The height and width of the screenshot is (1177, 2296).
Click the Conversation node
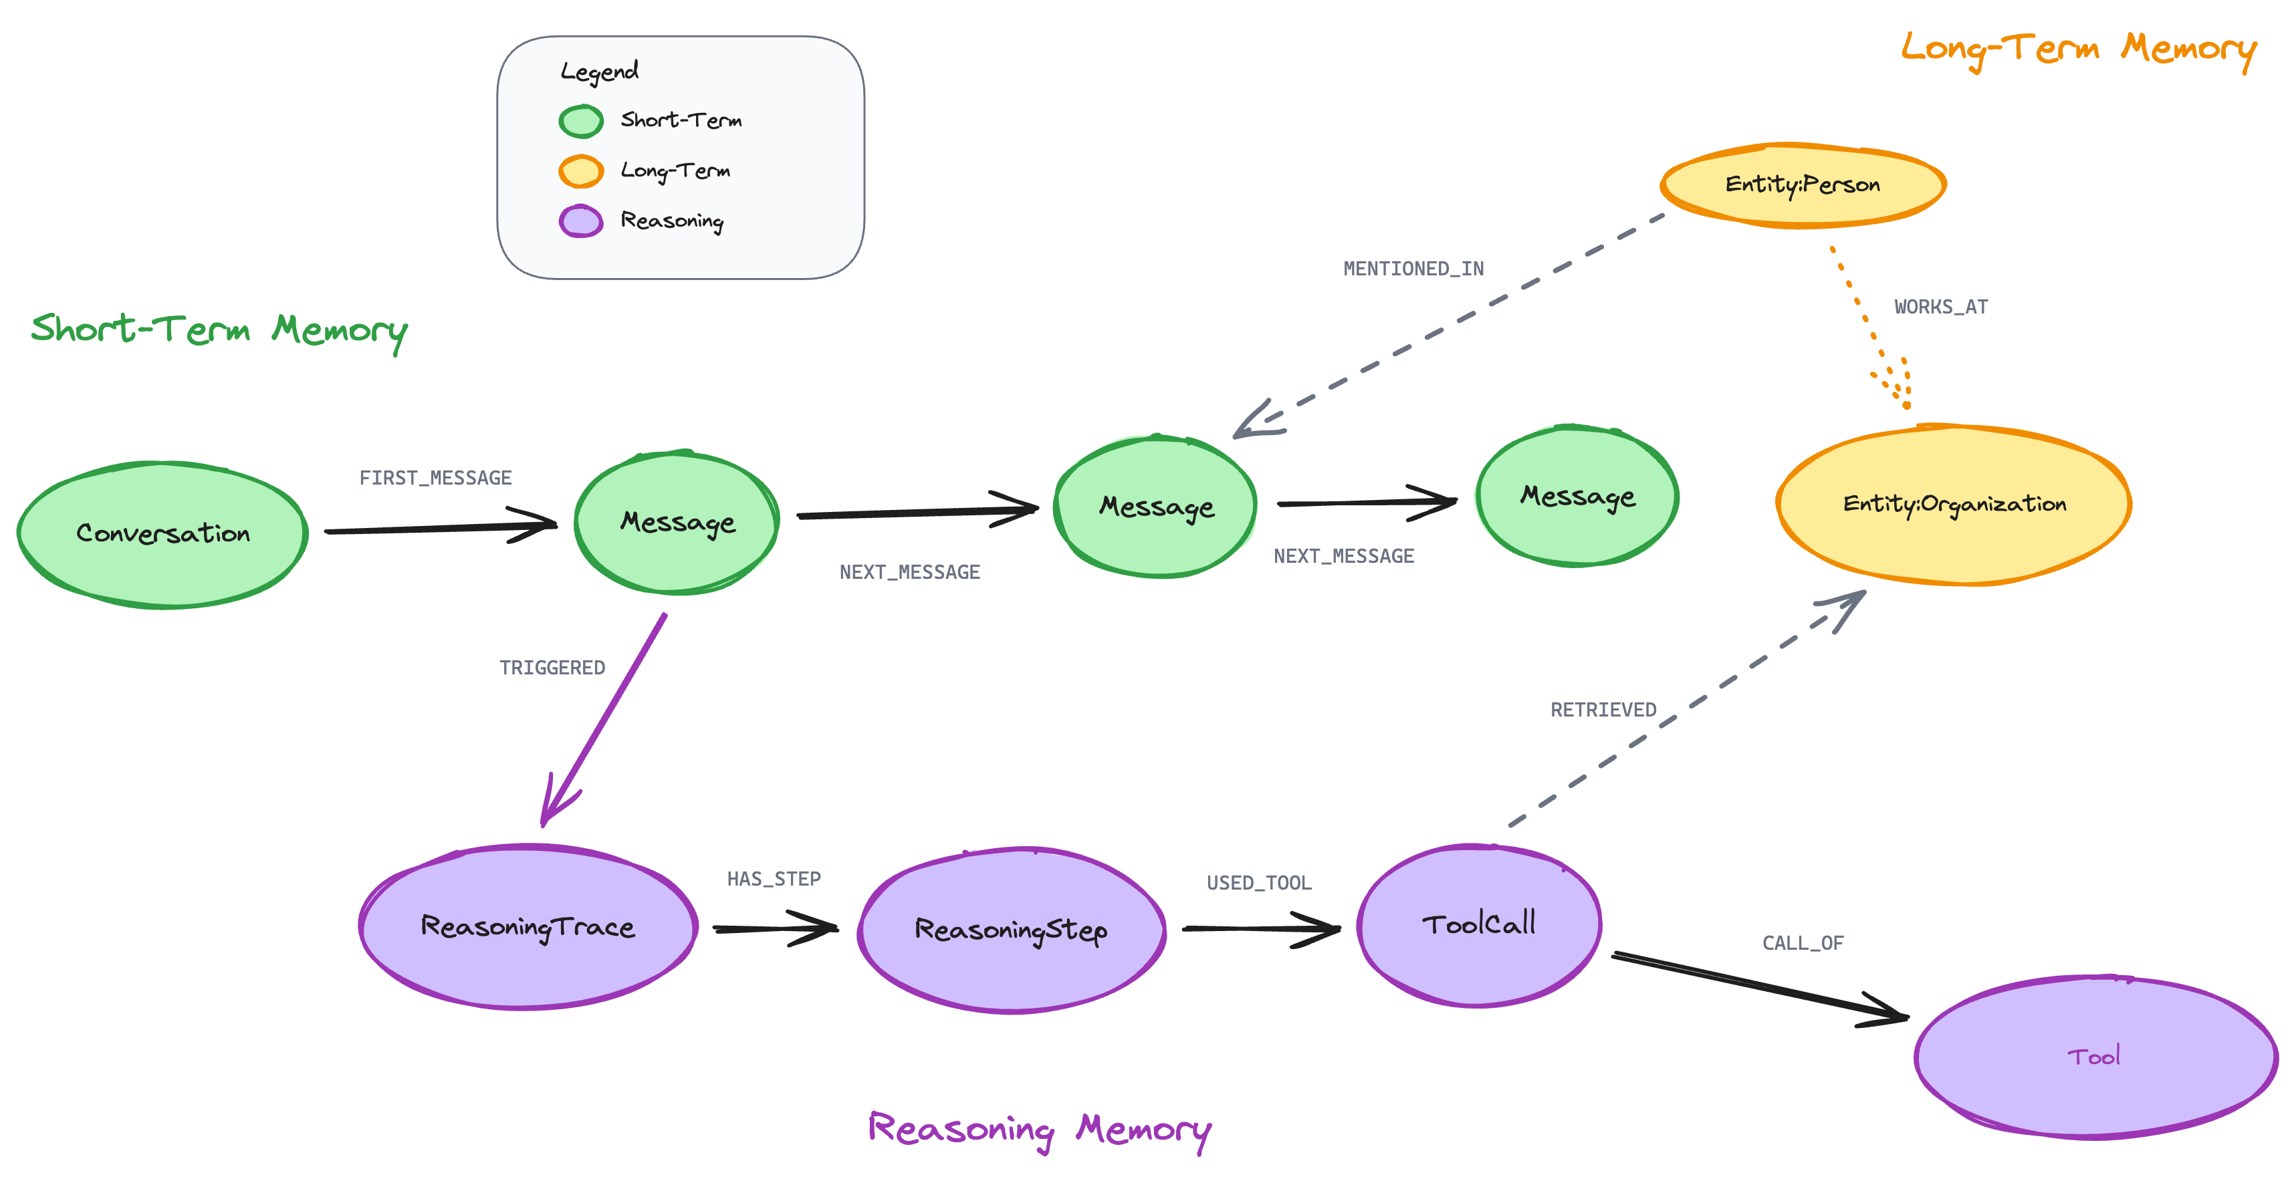pos(162,535)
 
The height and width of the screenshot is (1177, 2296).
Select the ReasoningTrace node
pos(528,926)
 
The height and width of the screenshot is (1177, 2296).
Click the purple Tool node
pos(2095,1057)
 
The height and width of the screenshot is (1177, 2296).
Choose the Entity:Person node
pos(1802,184)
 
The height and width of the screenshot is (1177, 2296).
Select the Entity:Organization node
pos(1954,505)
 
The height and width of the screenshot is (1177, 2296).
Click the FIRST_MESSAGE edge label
pos(435,478)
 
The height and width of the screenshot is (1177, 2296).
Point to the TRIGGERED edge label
pos(552,667)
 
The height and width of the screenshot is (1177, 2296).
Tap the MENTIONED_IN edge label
pos(1413,268)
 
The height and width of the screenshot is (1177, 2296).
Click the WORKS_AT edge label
pos(1940,307)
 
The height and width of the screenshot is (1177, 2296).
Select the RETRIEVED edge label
pos(1603,709)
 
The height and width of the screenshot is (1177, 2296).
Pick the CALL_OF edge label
pos(1802,942)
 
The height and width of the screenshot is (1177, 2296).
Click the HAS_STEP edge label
pos(773,878)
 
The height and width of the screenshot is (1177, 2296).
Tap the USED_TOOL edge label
pos(1258,882)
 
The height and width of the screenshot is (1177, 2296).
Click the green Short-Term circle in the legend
pos(581,121)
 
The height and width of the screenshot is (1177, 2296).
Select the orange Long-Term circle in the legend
pos(581,171)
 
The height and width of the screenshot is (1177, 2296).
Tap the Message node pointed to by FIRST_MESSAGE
pos(677,522)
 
